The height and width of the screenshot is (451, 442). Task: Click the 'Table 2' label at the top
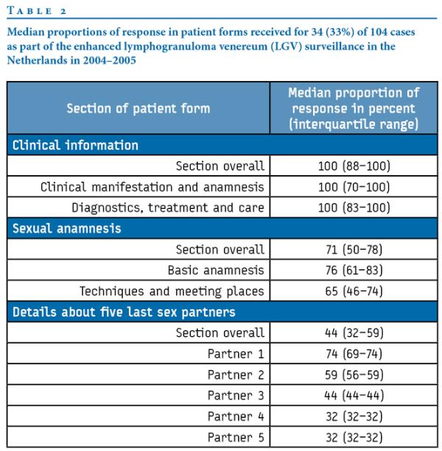tap(37, 11)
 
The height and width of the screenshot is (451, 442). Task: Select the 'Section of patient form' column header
tap(138, 108)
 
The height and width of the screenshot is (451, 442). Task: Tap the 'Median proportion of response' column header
tap(354, 108)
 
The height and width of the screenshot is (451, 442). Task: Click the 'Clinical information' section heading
tap(75, 145)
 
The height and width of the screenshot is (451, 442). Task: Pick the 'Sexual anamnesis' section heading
tap(66, 228)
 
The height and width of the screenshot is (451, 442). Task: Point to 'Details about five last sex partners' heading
tap(124, 312)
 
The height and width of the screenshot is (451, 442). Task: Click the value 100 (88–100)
tap(354, 166)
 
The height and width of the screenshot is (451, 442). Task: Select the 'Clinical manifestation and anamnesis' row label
tap(152, 187)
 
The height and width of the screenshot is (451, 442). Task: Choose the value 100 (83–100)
tap(354, 207)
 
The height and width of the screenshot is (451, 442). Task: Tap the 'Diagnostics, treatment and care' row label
tap(167, 207)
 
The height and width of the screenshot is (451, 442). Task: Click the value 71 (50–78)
tap(354, 249)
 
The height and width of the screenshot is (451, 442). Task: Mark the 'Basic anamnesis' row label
tap(216, 270)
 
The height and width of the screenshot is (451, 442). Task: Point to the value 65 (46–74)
tap(354, 291)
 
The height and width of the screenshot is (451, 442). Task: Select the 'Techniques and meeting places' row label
tap(172, 291)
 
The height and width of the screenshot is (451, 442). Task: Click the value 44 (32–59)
tap(354, 333)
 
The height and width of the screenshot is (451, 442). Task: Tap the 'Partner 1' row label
tap(236, 354)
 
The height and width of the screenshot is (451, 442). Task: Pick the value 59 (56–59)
tap(354, 374)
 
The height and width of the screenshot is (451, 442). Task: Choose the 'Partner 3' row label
tap(236, 396)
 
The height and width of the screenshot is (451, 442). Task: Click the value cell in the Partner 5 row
tap(354, 437)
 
